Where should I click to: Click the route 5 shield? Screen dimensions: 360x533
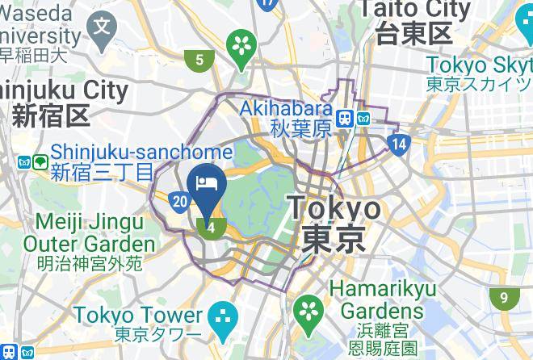(199, 59)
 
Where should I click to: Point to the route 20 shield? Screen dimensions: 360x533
(182, 202)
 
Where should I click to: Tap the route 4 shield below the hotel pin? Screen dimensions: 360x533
(211, 228)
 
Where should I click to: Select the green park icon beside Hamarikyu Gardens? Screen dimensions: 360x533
(307, 309)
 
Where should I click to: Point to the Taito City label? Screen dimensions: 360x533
(414, 10)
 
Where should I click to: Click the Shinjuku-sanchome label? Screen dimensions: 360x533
(141, 152)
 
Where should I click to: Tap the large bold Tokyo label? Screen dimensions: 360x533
(334, 208)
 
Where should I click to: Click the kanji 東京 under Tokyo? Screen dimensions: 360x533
(334, 239)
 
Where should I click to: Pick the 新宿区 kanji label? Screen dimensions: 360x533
(49, 116)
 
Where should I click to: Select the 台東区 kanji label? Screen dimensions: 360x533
(414, 34)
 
